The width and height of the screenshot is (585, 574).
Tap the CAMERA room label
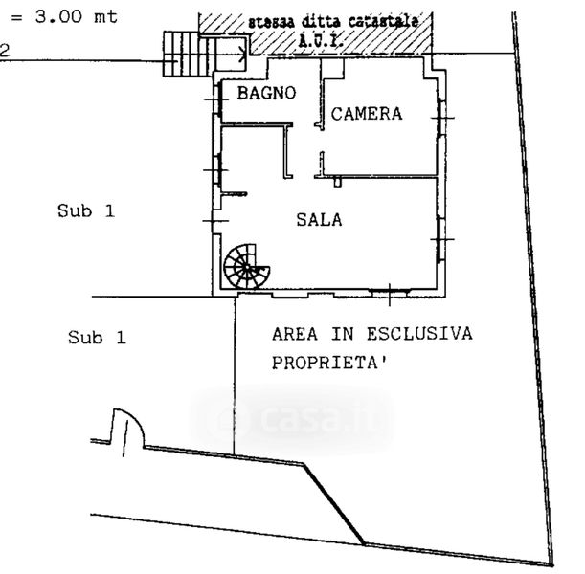coord(367,114)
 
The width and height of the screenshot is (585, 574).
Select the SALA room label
coord(319,219)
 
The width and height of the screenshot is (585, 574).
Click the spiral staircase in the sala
coord(248,266)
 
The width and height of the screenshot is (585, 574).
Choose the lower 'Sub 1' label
coord(97,337)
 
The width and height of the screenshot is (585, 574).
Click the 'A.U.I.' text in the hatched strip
coord(323,40)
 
